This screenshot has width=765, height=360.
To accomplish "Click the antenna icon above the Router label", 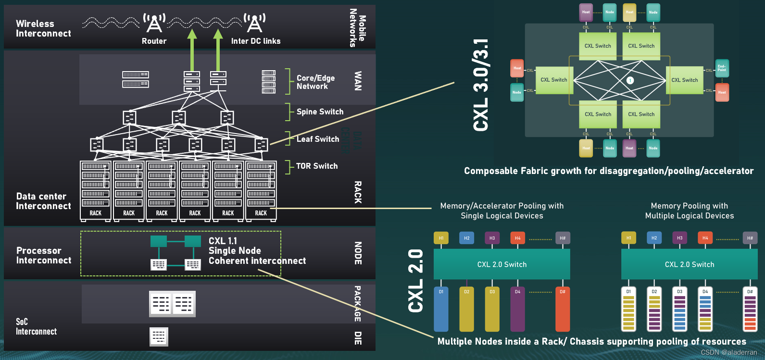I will click(x=154, y=23).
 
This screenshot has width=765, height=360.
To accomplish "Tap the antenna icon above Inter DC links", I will click(x=254, y=23).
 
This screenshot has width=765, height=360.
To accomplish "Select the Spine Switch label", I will click(x=320, y=112).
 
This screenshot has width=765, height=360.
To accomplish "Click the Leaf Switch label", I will click(x=317, y=139).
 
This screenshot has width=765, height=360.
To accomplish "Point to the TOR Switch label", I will click(x=316, y=166).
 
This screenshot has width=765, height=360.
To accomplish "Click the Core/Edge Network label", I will click(x=315, y=82).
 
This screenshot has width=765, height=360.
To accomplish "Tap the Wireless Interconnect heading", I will click(x=43, y=28).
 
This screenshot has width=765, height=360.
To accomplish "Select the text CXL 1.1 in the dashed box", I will click(x=223, y=241).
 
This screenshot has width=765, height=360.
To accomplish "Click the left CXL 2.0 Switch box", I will click(x=502, y=264).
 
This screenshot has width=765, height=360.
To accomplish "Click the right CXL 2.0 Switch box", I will click(x=689, y=264).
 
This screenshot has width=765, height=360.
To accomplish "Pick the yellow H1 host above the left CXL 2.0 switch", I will click(x=441, y=238).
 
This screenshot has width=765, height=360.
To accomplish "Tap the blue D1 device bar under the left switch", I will click(x=441, y=310).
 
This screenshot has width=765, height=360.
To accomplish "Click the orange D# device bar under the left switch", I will click(x=562, y=310).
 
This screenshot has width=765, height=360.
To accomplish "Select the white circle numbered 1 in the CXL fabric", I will click(x=630, y=80).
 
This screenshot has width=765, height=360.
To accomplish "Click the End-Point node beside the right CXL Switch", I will click(x=722, y=68).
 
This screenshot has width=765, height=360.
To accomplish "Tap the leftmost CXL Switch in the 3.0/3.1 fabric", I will click(x=554, y=80).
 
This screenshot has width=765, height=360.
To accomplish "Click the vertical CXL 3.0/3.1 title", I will click(x=481, y=85).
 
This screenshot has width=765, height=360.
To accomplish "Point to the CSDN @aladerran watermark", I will click(x=728, y=352).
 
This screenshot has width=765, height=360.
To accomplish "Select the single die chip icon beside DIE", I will click(x=159, y=336).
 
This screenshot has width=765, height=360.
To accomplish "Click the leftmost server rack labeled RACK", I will click(x=95, y=191).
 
